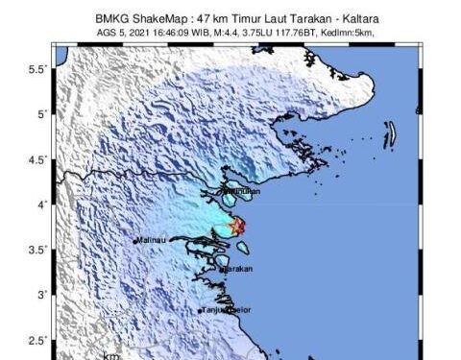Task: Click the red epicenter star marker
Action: (x=238, y=227)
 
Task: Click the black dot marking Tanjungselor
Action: (x=200, y=311)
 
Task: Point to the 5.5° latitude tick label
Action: (x=38, y=70)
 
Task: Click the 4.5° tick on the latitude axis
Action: (x=38, y=159)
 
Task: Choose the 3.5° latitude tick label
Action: (x=38, y=250)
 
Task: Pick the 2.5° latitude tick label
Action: (x=38, y=340)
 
